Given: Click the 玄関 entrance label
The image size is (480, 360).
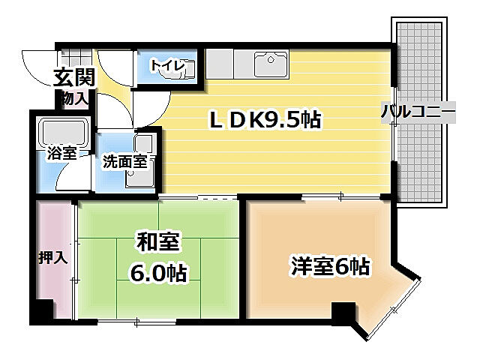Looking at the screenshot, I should [x=73, y=76].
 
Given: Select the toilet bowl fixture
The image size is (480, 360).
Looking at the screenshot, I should [x=187, y=68].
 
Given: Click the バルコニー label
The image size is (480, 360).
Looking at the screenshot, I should [x=418, y=112].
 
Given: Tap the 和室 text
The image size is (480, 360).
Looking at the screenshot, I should [x=158, y=242].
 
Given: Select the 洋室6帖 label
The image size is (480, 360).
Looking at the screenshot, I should [x=330, y=265].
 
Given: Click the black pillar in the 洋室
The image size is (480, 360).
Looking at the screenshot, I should [x=344, y=313].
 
